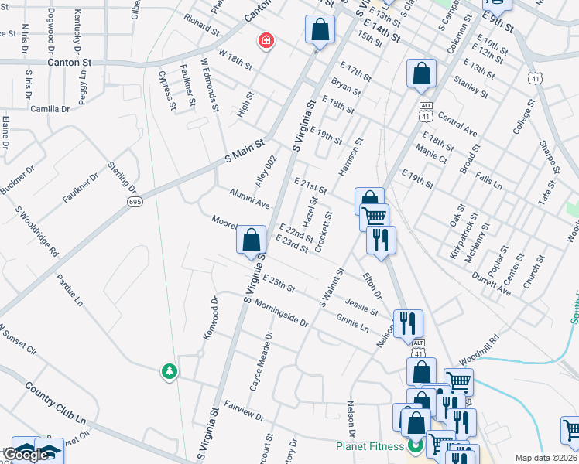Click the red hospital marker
266,40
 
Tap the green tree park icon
169,372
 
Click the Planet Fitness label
371,446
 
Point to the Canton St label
69,61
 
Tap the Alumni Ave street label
248,198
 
